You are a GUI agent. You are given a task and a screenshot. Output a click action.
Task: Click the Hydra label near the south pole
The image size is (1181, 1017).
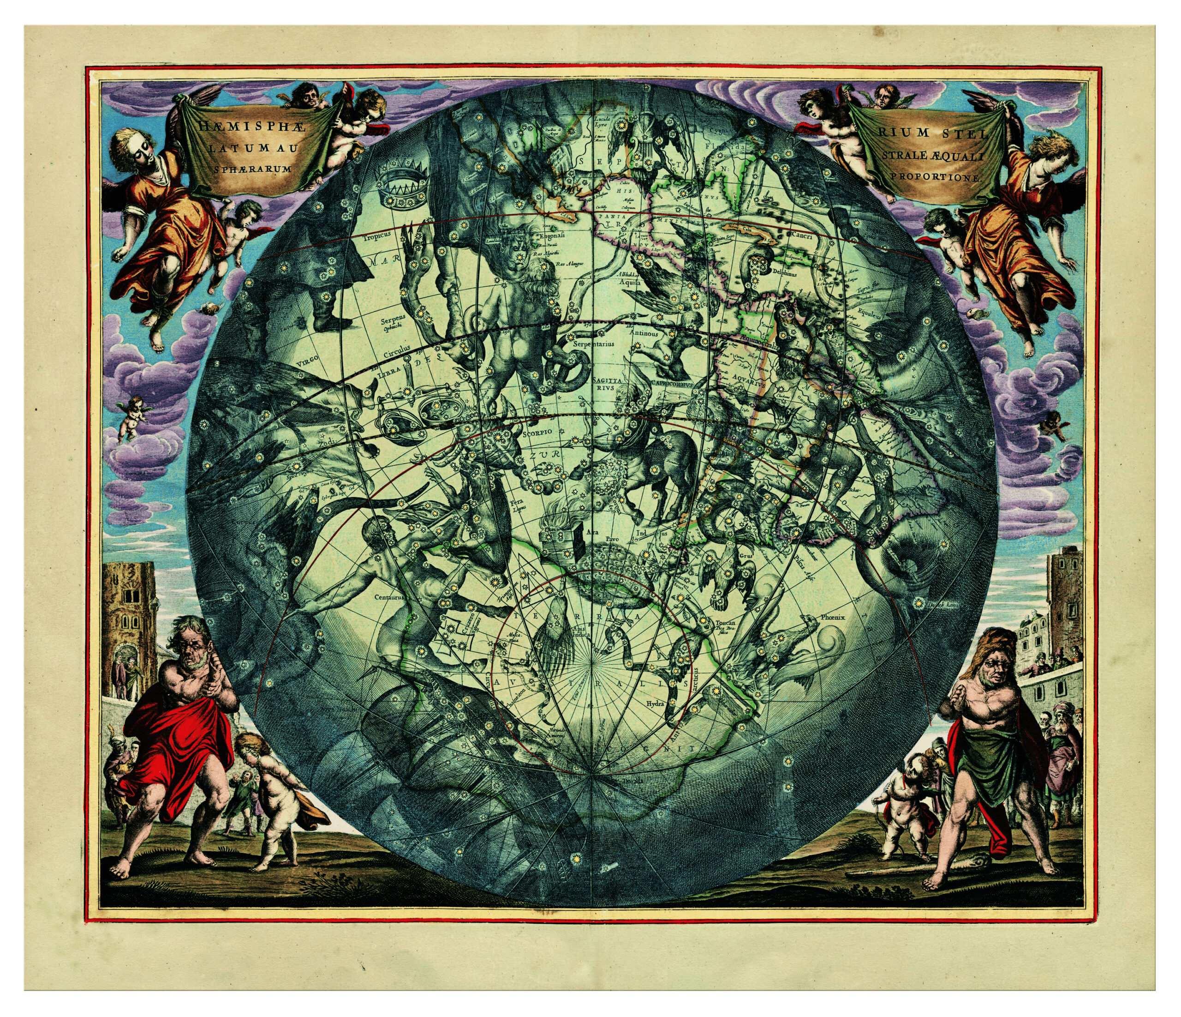(655, 704)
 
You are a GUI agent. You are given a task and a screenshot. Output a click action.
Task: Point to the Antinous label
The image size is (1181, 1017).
(644, 333)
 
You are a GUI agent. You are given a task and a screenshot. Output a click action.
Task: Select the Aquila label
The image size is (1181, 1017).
(630, 282)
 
